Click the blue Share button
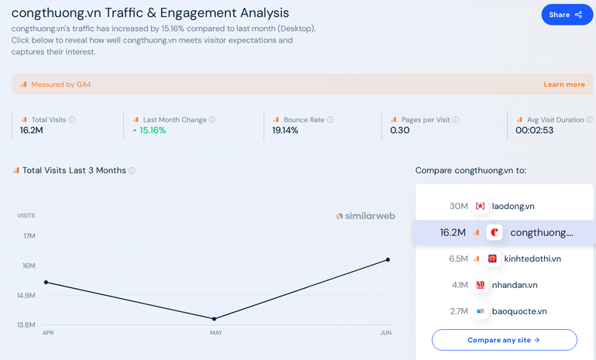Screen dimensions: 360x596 (567, 15)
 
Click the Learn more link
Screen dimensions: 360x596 (564, 84)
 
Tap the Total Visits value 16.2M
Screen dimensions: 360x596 (32, 131)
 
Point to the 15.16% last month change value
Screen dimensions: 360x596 (152, 131)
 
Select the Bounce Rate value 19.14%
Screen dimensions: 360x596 (286, 131)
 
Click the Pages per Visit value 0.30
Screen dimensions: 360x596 (399, 131)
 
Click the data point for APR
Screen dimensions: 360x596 (46, 282)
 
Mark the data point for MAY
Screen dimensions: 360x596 (214, 319)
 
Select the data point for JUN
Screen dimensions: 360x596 (387, 259)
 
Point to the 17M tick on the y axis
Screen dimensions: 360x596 (29, 236)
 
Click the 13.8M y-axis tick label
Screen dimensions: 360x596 (26, 325)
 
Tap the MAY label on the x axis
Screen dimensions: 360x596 (216, 333)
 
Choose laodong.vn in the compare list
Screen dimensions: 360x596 (513, 206)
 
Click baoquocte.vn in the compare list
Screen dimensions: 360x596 (519, 311)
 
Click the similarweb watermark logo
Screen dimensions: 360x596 (366, 217)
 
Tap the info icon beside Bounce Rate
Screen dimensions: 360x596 (331, 120)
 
